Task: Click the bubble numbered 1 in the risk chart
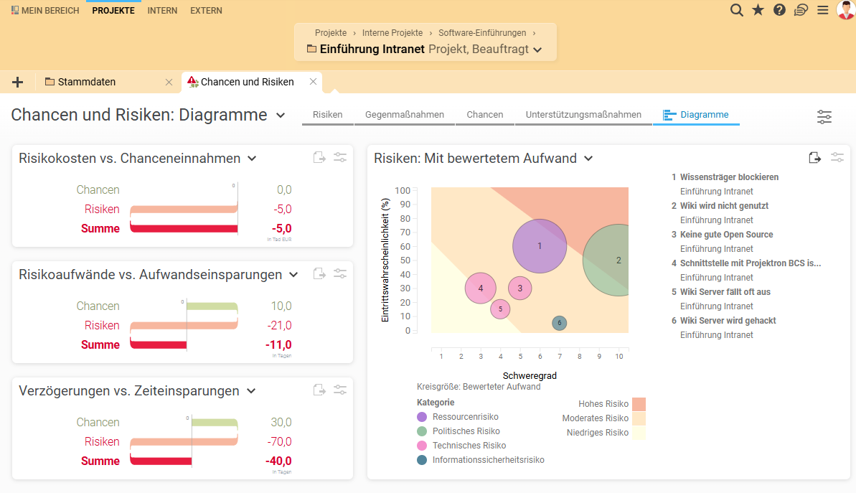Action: click(540, 246)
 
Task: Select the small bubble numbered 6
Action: click(560, 323)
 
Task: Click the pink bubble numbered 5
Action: click(500, 309)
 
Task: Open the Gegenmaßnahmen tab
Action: click(405, 115)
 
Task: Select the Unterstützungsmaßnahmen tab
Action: click(583, 115)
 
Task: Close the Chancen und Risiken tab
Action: click(313, 82)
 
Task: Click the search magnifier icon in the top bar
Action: click(736, 10)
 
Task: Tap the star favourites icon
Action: click(758, 10)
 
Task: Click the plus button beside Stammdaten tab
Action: click(17, 82)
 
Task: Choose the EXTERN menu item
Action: click(206, 11)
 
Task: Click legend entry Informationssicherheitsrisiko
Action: click(488, 460)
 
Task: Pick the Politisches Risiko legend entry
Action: click(466, 431)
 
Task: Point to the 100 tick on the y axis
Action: click(402, 191)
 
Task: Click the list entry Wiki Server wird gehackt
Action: click(728, 321)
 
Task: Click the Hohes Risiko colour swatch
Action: click(639, 404)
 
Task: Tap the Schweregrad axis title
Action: click(530, 375)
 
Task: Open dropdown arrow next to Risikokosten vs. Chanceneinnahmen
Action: click(252, 159)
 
